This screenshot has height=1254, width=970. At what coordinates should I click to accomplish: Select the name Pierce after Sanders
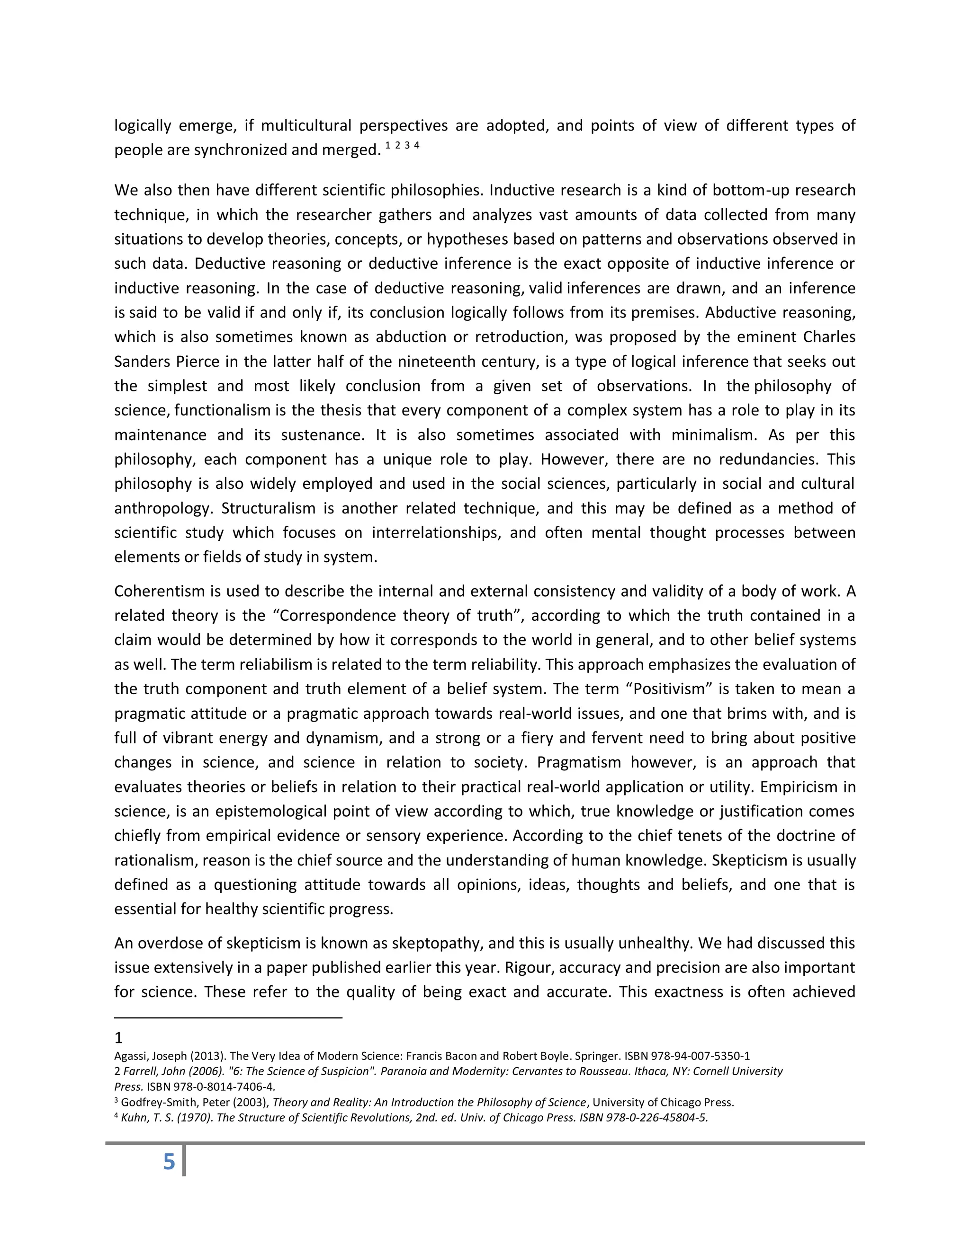pos(198,362)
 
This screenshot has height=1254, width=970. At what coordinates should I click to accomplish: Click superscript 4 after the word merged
pos(417,145)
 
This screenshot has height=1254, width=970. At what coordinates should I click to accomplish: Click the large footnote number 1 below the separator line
pos(118,1038)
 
